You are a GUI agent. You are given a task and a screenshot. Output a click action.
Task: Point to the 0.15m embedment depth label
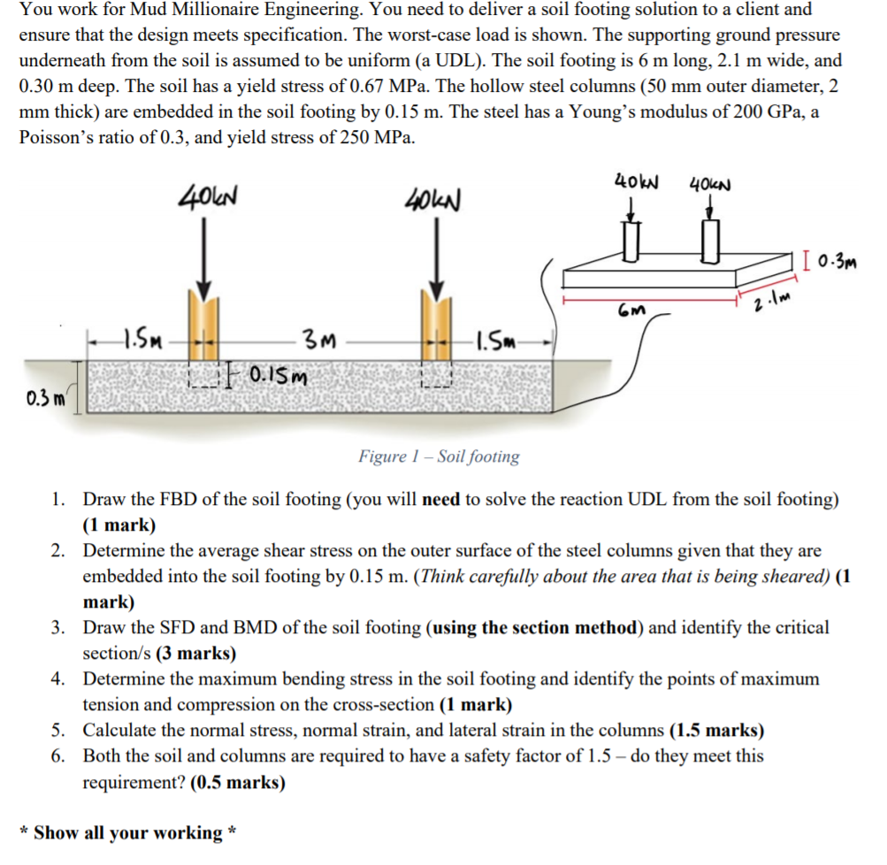click(277, 379)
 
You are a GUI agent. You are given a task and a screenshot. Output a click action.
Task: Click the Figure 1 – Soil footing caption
click(439, 456)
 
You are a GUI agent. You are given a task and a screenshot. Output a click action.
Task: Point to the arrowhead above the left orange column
click(204, 291)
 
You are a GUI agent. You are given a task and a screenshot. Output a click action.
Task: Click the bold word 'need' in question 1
click(441, 499)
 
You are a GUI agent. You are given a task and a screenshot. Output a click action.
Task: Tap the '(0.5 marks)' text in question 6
click(238, 783)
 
